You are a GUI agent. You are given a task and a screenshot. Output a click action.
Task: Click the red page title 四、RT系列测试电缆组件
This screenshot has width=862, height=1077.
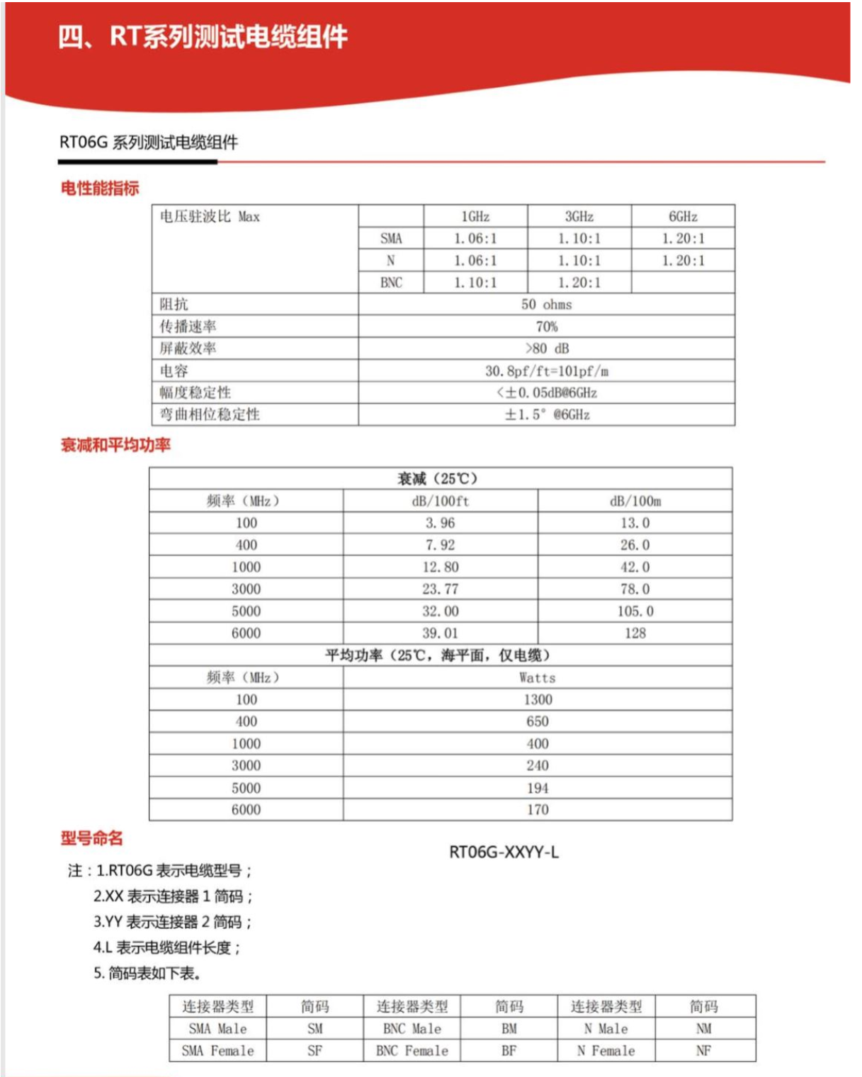[x=203, y=37]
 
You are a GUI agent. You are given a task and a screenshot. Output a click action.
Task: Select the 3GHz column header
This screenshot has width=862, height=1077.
[x=579, y=217]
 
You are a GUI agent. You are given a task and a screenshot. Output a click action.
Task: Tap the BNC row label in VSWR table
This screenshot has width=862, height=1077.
[x=391, y=283]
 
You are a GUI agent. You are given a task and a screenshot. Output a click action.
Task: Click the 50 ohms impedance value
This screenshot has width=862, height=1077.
[x=546, y=305]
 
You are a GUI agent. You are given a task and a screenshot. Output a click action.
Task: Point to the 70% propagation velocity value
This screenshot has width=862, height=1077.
[x=546, y=327]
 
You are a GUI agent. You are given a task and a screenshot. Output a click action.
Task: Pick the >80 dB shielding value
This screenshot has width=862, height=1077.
[x=546, y=349]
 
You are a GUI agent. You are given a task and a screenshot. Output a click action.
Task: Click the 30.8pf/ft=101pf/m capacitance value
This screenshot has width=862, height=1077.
[x=546, y=371]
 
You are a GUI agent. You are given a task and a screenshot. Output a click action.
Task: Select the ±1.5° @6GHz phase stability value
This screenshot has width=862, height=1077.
[x=546, y=415]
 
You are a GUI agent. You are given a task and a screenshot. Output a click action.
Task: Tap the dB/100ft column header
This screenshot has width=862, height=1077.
[x=440, y=501]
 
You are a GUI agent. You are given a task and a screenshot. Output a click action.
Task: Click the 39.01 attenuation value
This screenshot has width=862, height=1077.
[x=440, y=633]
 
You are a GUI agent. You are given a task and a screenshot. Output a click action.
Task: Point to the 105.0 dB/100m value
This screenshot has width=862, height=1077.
[x=635, y=611]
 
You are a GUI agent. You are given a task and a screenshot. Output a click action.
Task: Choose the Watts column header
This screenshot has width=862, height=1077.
[x=537, y=677]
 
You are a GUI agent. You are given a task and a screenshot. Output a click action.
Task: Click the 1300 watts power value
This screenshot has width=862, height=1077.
[x=537, y=699]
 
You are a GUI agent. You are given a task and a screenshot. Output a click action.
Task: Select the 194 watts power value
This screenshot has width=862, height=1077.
[x=537, y=788]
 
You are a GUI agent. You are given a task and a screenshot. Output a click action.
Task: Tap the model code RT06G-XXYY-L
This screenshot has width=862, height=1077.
[x=504, y=852]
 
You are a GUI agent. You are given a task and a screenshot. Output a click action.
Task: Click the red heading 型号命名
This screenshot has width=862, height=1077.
[x=91, y=838]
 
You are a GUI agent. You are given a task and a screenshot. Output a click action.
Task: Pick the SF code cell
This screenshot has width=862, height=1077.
[x=314, y=1051]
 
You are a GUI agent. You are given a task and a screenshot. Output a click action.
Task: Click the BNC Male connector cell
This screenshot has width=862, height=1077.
[x=412, y=1029]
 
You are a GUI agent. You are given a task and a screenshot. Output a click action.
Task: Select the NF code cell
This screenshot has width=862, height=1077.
[x=703, y=1051]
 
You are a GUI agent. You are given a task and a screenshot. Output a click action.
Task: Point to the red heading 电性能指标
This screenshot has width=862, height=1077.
[x=99, y=188]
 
